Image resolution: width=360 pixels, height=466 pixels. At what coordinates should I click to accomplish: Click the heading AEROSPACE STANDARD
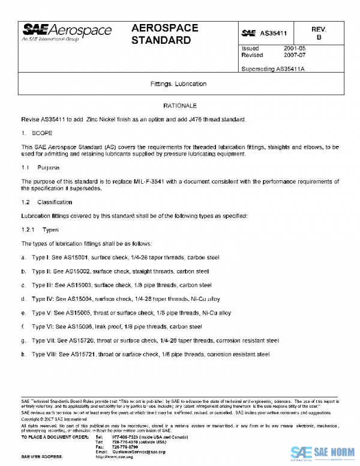click(x=161, y=34)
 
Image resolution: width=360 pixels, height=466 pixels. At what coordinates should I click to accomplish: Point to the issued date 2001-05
click(x=295, y=47)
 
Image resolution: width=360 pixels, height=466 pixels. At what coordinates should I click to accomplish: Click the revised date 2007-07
click(x=295, y=55)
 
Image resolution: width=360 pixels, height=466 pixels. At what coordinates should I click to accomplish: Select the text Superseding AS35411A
click(x=273, y=68)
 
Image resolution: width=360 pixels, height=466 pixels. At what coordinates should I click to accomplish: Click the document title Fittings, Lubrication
click(x=179, y=83)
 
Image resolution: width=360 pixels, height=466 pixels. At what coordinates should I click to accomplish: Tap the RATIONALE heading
click(x=179, y=105)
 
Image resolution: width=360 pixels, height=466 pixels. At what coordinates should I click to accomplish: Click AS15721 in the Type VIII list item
click(x=81, y=354)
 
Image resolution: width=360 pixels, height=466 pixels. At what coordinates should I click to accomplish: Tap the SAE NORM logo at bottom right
click(x=323, y=453)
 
